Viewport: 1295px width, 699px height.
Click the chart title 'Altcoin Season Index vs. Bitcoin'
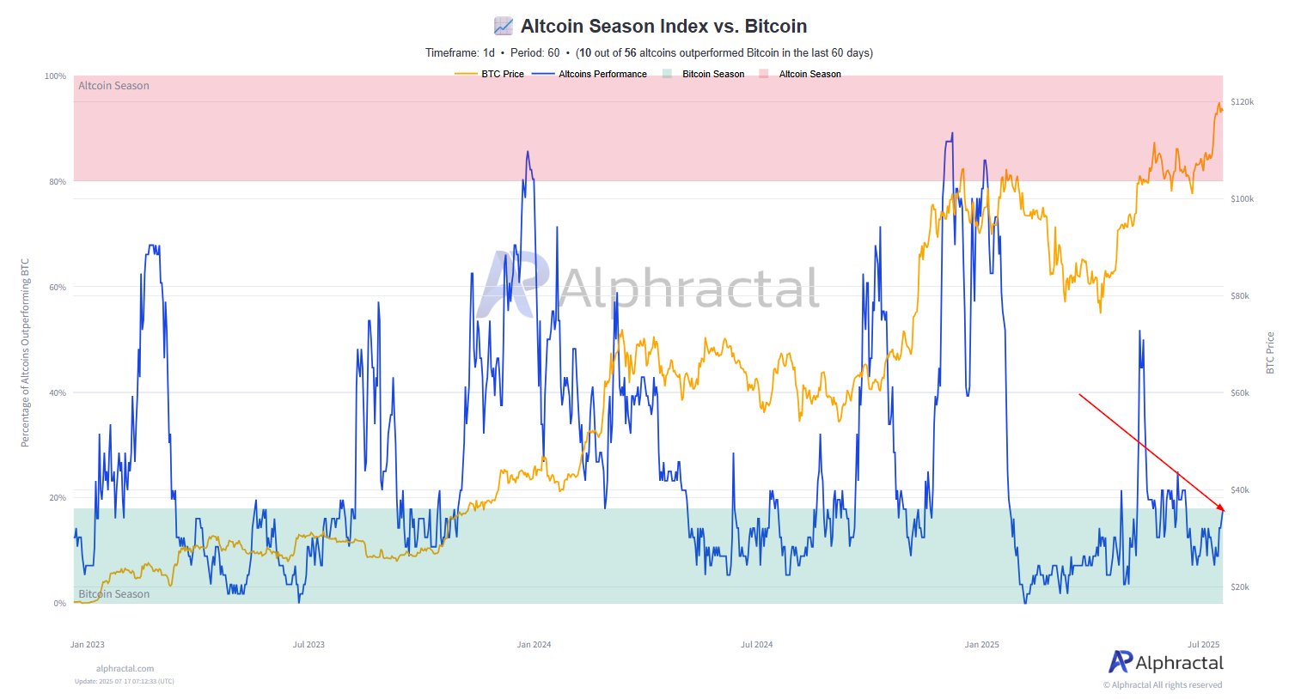663,26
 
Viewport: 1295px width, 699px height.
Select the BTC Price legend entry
502,74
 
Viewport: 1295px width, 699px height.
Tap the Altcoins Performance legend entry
602,74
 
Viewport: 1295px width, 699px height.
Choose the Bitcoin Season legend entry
712,74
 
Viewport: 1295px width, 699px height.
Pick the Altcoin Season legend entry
809,74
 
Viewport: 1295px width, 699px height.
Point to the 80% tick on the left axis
56,182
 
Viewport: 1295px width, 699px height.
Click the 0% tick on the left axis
58,604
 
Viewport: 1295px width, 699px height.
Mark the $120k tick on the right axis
1242,102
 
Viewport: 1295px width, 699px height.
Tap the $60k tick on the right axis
1242,393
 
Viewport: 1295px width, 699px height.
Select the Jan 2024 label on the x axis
534,645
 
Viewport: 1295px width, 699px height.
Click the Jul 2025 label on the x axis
1203,645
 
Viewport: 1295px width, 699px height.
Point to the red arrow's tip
1224,512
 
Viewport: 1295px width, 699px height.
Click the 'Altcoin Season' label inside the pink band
113,86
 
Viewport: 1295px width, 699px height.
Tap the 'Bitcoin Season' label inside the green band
113,594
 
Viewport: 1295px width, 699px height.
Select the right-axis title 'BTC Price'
1270,352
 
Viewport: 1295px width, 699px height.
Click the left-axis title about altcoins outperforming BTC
25,352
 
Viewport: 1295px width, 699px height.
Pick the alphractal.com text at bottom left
125,668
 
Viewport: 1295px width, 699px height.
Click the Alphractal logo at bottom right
1165,662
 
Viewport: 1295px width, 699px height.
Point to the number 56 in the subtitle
630,53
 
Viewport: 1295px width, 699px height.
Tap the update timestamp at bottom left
124,682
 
